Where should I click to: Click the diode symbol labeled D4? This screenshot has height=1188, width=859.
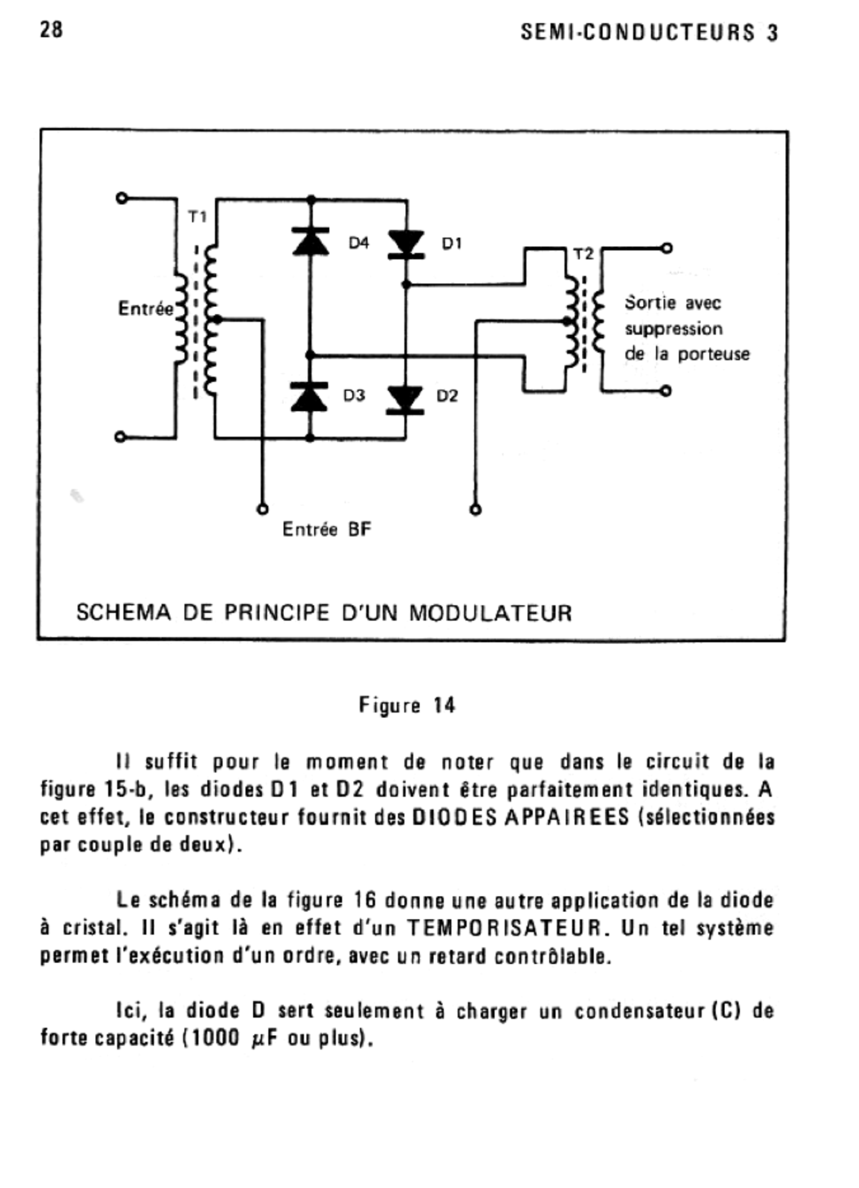[311, 242]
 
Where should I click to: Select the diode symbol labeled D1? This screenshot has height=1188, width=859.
[406, 244]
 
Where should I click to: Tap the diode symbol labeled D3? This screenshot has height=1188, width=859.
[309, 396]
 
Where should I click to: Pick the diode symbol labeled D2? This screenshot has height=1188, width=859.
[405, 400]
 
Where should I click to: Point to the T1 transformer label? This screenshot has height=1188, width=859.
[198, 217]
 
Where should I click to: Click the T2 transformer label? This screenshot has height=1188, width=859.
[584, 255]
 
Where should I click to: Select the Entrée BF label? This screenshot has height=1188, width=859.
[326, 530]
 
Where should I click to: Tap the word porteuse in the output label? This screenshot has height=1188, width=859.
[713, 355]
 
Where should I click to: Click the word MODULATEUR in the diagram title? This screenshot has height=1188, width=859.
[491, 613]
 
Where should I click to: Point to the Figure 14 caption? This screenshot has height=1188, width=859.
[407, 706]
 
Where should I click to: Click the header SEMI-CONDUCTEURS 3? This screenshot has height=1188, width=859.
[649, 33]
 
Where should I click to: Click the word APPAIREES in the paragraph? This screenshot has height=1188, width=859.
[566, 817]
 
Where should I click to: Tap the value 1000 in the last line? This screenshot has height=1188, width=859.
[213, 1038]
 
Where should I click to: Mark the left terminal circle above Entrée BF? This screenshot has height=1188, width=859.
[263, 509]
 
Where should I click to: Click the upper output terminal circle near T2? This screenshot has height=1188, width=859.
[666, 248]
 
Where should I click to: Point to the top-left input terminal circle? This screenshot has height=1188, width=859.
[121, 198]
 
